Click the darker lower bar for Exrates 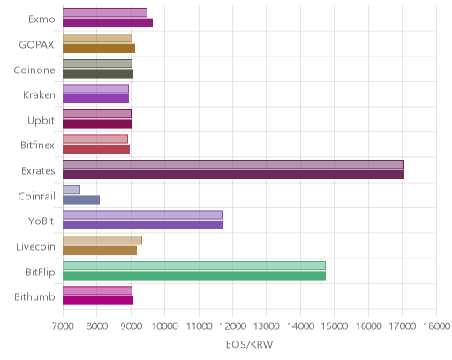point(233,175)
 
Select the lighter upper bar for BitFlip point(194,266)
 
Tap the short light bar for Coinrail point(72,190)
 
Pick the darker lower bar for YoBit point(143,225)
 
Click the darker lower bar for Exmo point(108,23)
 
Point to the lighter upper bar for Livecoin point(102,240)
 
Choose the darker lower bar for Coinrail point(81,200)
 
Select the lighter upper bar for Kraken point(95,89)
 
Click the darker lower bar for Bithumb point(98,301)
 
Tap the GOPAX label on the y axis point(36,45)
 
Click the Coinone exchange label point(34,70)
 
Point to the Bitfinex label point(37,145)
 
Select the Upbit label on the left point(41,121)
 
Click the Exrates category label point(38,171)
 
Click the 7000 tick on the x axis point(63,326)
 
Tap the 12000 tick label point(232,326)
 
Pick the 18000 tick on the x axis point(436,326)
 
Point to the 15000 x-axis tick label point(335,326)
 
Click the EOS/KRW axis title point(249,344)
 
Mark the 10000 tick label point(164,326)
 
